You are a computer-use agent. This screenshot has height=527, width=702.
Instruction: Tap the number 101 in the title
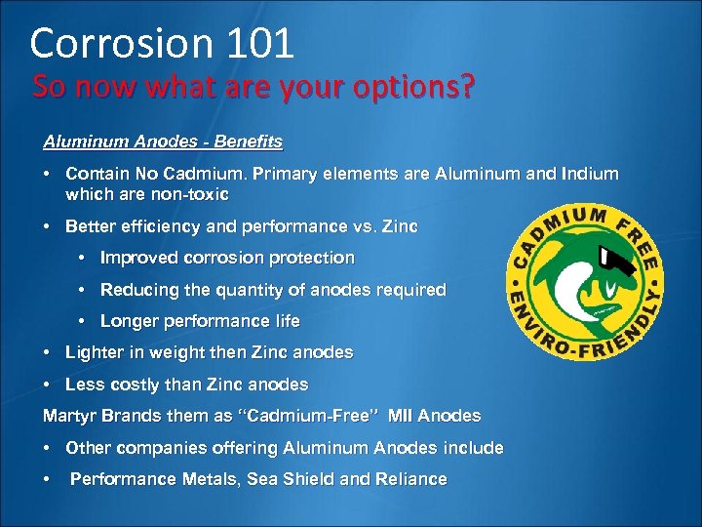coord(258,44)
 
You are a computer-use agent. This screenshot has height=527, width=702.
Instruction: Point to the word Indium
coord(589,174)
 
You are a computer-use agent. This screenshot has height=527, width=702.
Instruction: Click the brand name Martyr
coord(68,416)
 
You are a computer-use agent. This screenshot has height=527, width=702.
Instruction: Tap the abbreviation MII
coord(402,416)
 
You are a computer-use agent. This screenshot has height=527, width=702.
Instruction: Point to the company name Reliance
coord(411,479)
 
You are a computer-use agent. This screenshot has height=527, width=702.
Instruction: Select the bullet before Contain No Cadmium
coord(48,174)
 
